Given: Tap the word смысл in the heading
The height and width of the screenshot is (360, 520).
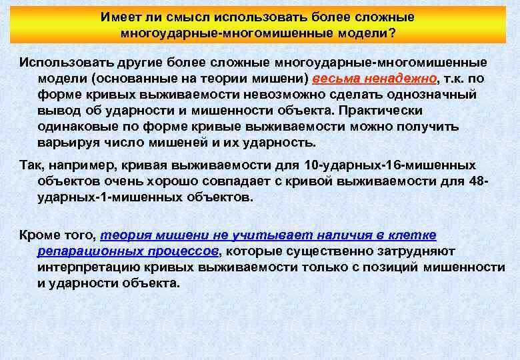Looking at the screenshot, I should pos(173,17).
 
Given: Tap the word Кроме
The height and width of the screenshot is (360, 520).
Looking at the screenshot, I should pos(41,235).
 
